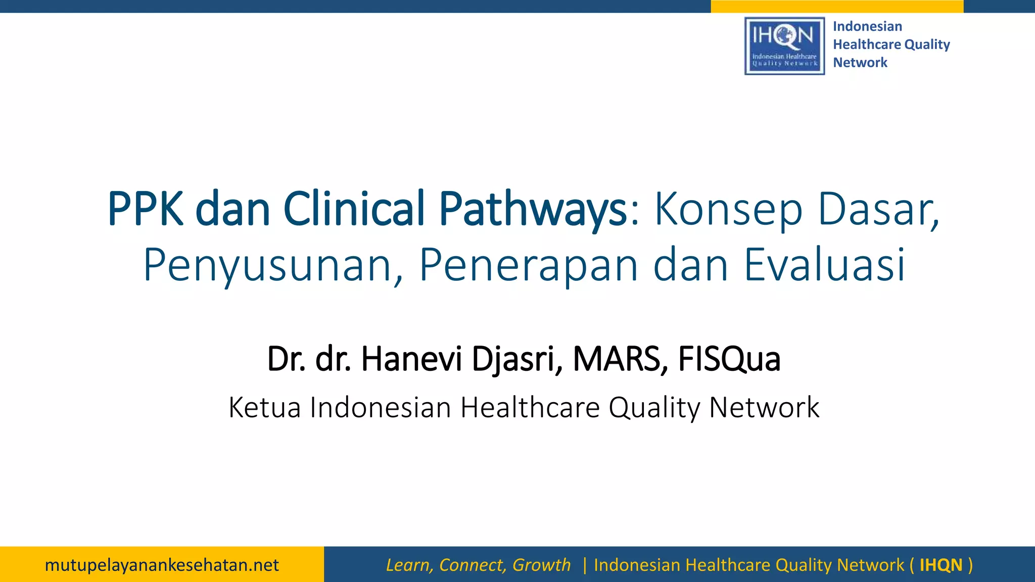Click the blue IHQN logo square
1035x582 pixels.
(x=784, y=46)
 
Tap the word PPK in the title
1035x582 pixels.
(x=146, y=209)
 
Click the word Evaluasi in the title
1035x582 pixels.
(x=824, y=265)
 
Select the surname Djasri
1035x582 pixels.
(x=517, y=360)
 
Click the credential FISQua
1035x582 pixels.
(x=729, y=360)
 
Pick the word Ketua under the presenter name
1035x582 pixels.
(x=264, y=407)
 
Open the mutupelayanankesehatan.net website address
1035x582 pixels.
(x=162, y=565)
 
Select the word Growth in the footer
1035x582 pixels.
(x=541, y=565)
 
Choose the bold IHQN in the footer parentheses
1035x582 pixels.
(x=941, y=565)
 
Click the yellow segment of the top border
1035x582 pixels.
(x=837, y=6)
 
